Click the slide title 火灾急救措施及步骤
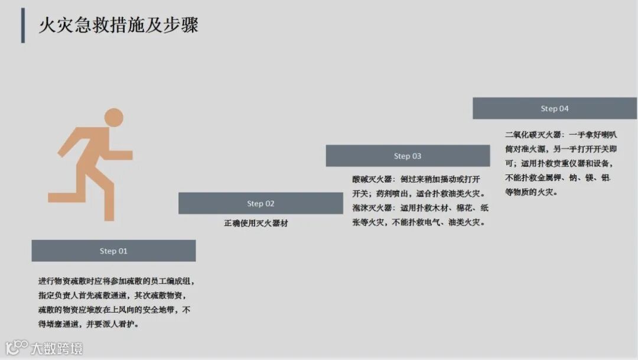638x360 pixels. point(118,25)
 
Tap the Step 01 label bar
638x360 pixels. point(113,251)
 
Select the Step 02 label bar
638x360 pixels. point(261,203)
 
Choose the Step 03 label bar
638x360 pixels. point(408,156)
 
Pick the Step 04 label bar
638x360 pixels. point(555,109)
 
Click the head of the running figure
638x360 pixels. point(113,117)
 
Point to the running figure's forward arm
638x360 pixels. point(118,155)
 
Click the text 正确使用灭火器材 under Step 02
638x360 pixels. point(256,223)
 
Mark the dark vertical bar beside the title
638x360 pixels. point(23,25)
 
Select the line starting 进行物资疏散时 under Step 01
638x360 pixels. point(116,281)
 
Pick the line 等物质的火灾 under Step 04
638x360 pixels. point(531,192)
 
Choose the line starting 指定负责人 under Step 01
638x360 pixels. point(112,296)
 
